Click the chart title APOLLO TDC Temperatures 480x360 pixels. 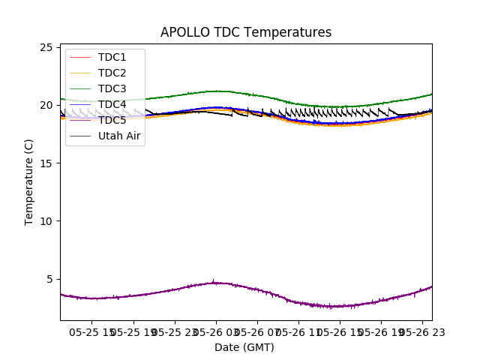tap(246, 32)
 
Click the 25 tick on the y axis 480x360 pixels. tap(47, 47)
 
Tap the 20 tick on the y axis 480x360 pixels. tap(47, 105)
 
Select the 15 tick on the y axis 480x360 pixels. tap(47, 163)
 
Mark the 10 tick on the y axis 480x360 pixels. tap(47, 220)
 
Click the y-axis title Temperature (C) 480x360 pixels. tap(29, 181)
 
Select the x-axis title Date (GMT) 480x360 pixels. tap(244, 347)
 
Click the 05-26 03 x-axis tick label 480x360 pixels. tap(215, 331)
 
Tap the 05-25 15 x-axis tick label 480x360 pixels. tap(90, 331)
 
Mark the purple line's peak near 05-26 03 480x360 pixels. tap(214, 283)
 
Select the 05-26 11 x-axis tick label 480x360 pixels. tap(298, 331)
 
